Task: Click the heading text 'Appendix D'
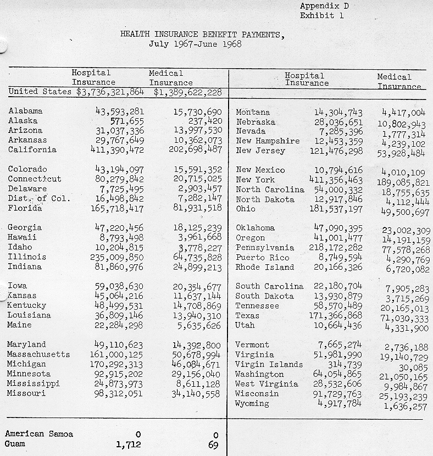[324, 6]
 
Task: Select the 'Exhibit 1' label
[322, 15]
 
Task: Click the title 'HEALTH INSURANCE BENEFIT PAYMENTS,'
[203, 35]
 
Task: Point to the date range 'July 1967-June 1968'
[196, 44]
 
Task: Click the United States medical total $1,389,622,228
[187, 92]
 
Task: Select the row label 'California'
[32, 149]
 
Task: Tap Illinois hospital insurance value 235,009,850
[117, 257]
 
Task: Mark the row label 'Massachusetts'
[38, 354]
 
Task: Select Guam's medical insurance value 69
[213, 444]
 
